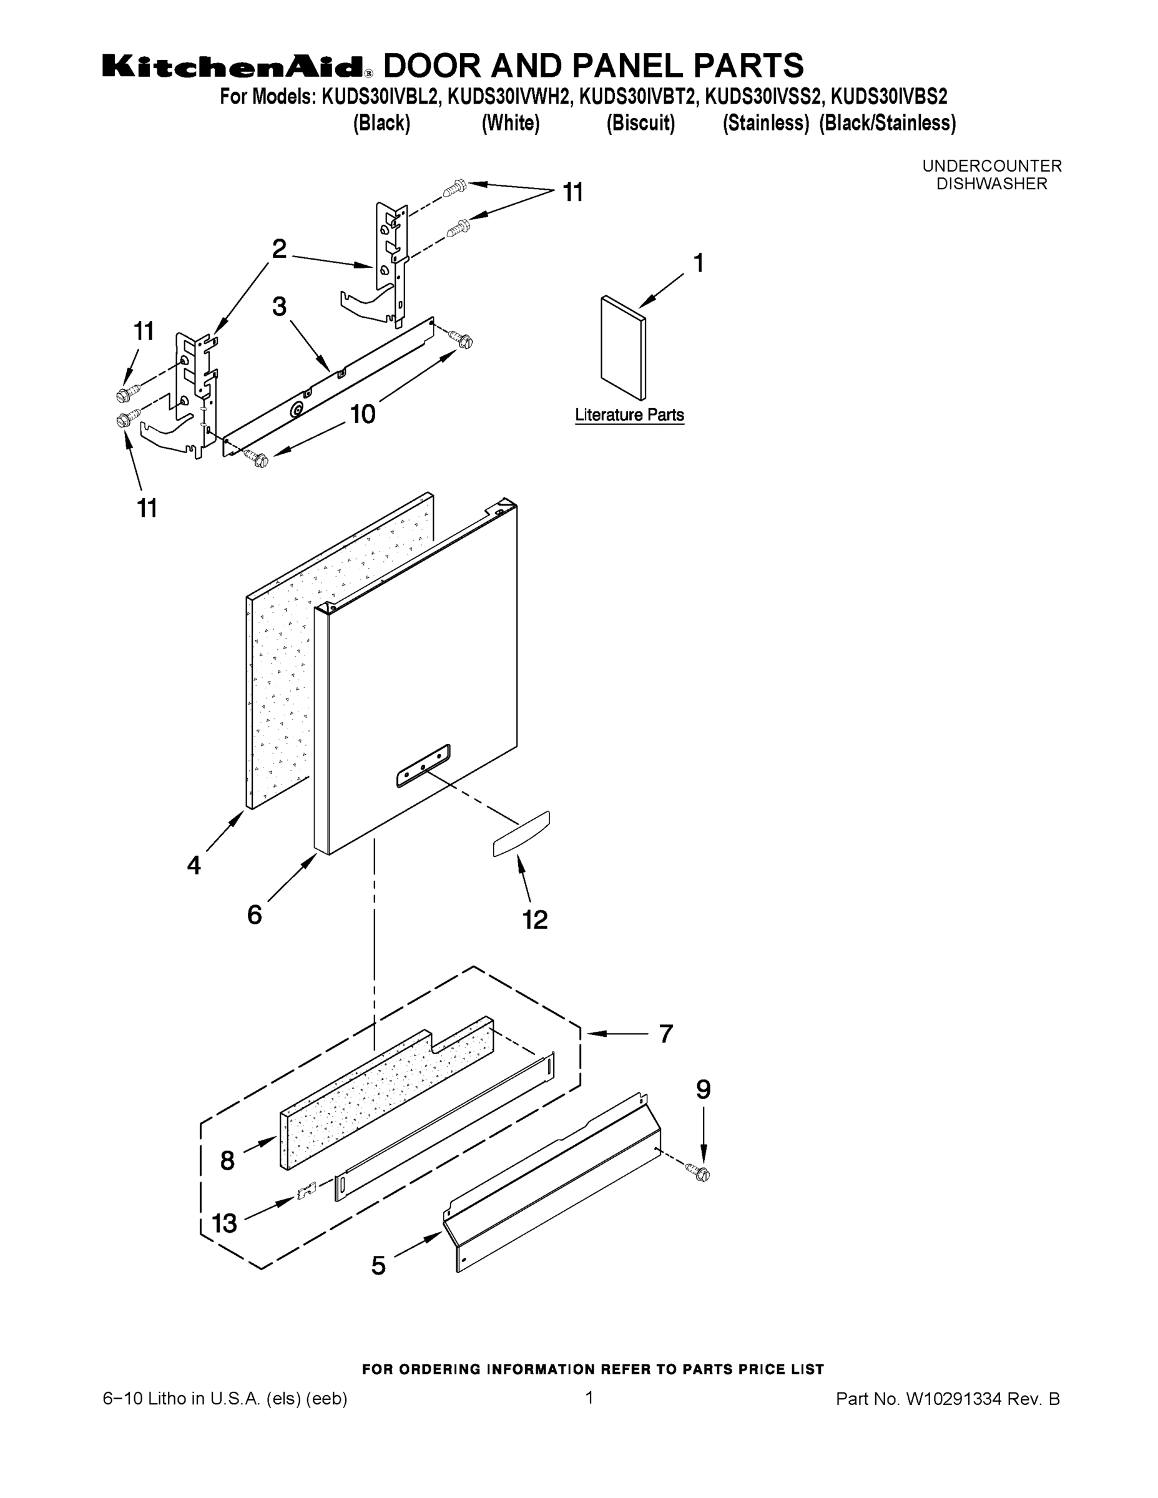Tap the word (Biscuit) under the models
point(640,124)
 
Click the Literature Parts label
point(629,415)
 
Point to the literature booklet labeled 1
point(622,348)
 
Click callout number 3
point(278,306)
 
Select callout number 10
point(363,414)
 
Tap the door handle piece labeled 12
point(521,833)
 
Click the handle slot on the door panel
point(423,765)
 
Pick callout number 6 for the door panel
point(255,914)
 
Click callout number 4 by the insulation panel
point(194,865)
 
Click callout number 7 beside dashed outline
point(665,1034)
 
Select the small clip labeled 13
point(306,1192)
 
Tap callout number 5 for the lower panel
point(379,1265)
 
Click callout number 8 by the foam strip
point(228,1160)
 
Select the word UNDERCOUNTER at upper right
point(991,166)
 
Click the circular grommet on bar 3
point(298,410)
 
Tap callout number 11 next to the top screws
point(573,193)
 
